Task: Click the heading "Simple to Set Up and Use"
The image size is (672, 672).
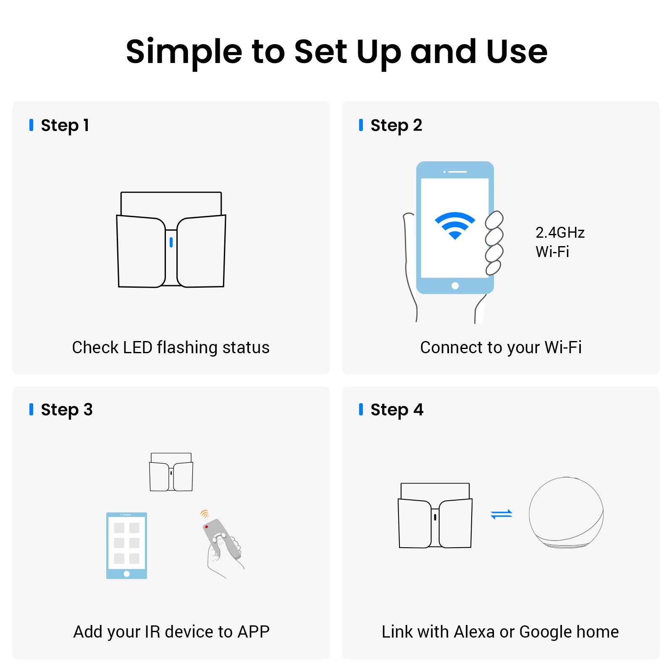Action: pyautogui.click(x=336, y=52)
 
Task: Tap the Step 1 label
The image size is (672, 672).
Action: pyautogui.click(x=65, y=125)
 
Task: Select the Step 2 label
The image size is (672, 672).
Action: pyautogui.click(x=396, y=125)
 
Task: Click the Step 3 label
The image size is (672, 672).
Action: pyautogui.click(x=67, y=409)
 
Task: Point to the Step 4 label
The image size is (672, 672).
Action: pyautogui.click(x=397, y=409)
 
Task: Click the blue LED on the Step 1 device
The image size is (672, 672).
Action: pyautogui.click(x=171, y=242)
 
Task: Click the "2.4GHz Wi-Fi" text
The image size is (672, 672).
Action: pyautogui.click(x=560, y=242)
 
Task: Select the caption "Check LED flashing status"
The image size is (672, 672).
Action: pyautogui.click(x=171, y=348)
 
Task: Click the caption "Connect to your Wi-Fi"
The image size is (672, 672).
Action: pyautogui.click(x=501, y=348)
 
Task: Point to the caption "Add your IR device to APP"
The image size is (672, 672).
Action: pyautogui.click(x=171, y=632)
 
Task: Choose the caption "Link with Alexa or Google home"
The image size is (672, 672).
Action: pyautogui.click(x=500, y=632)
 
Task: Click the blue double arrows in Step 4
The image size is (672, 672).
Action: pyautogui.click(x=501, y=514)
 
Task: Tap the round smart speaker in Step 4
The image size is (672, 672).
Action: pyautogui.click(x=566, y=512)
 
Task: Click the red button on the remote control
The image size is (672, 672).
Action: pyautogui.click(x=207, y=527)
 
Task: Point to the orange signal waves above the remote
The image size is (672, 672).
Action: pyautogui.click(x=205, y=514)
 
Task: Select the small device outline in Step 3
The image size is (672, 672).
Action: pyautogui.click(x=171, y=472)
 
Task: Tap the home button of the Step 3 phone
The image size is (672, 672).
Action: pyautogui.click(x=127, y=574)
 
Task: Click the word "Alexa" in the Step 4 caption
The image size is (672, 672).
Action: pyautogui.click(x=474, y=632)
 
